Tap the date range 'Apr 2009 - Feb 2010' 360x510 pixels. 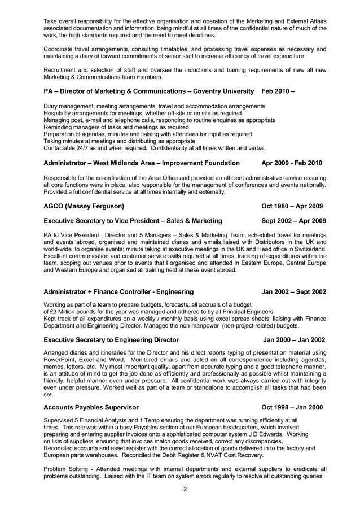pyautogui.click(x=292, y=163)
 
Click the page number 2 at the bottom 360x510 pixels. pyautogui.click(x=185, y=489)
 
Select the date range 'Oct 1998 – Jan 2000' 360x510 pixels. pyautogui.click(x=292, y=407)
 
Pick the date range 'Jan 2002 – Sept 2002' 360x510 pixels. pyautogui.click(x=293, y=292)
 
